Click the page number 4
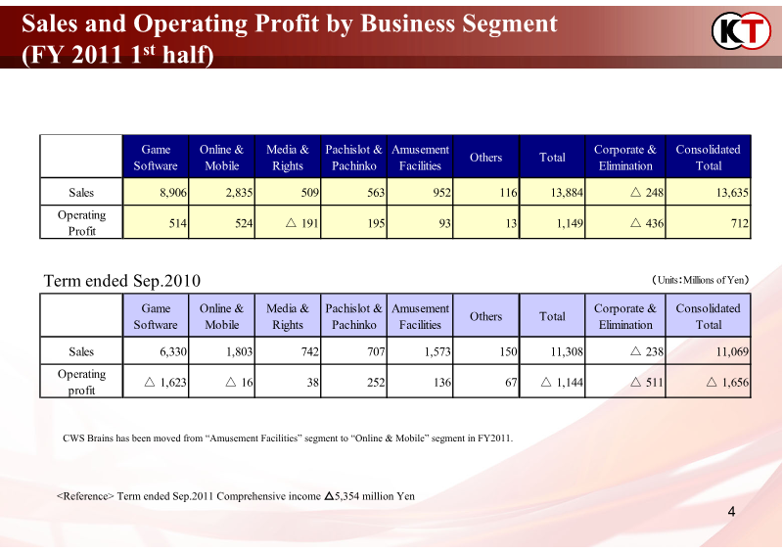click(731, 513)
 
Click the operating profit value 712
click(739, 224)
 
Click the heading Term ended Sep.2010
click(122, 282)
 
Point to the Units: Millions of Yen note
click(700, 281)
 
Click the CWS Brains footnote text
click(288, 438)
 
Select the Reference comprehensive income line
click(236, 496)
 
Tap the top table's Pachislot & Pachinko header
click(353, 158)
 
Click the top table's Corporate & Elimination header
click(625, 158)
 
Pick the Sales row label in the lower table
click(81, 351)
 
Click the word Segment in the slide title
click(499, 23)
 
